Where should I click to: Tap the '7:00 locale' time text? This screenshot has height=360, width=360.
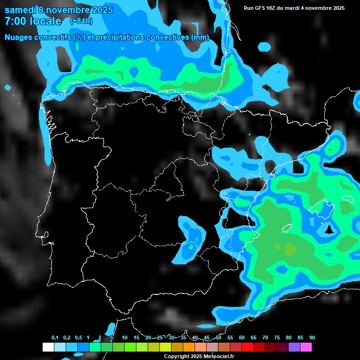pos(33,21)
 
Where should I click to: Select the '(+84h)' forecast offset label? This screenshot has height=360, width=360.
pos(81,21)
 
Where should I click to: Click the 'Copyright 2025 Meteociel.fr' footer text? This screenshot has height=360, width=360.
pos(199,357)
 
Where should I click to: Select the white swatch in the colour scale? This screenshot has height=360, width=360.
pos(48,347)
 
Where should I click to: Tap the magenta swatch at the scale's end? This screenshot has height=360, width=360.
pos(307,347)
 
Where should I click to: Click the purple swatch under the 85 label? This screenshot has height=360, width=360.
pos(294,347)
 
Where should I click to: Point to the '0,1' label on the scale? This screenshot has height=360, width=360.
pos(55,338)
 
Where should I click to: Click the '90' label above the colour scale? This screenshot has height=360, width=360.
pos(312,338)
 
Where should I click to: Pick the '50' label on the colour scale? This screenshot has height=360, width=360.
pos(218,338)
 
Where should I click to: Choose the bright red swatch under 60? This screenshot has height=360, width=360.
pos(247,347)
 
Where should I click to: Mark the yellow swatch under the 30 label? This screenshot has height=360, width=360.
pos(165,347)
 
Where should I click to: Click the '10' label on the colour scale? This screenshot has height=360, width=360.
pos(125,338)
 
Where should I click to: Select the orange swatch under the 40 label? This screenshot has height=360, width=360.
pos(189,347)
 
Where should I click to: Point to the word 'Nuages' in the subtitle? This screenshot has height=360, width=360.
pos(18,37)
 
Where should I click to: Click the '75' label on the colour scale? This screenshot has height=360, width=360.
pos(277,338)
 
